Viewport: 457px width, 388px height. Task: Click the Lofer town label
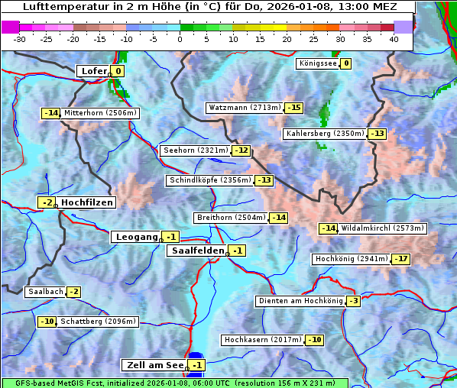(x=93, y=71)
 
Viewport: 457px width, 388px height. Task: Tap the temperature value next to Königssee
(x=345, y=63)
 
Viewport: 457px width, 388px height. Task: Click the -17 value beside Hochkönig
(x=400, y=259)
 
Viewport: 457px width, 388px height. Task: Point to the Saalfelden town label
(x=197, y=251)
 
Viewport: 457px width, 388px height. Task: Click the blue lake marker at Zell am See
(x=196, y=357)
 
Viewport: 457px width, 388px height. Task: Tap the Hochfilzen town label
(x=87, y=202)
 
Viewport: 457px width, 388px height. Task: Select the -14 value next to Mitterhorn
(x=50, y=113)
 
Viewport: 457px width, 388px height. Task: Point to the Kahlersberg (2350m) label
(x=325, y=134)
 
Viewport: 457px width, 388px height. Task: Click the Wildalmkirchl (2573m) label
(x=382, y=228)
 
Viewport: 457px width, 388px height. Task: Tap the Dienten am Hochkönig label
(x=300, y=301)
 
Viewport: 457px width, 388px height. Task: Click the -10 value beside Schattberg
(x=47, y=322)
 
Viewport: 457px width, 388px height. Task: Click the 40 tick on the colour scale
(x=394, y=39)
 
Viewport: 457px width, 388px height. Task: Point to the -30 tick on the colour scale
(x=20, y=39)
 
